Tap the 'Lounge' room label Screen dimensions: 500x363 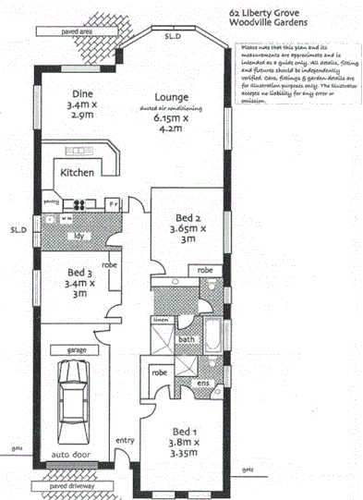coord(172,97)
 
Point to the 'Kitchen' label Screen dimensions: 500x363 coord(79,173)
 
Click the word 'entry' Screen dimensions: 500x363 coord(124,441)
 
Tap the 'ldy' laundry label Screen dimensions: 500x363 coord(79,235)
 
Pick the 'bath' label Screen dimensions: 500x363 coord(187,339)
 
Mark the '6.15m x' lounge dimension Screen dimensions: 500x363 coord(173,118)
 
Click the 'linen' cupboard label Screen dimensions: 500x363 coord(160,319)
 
